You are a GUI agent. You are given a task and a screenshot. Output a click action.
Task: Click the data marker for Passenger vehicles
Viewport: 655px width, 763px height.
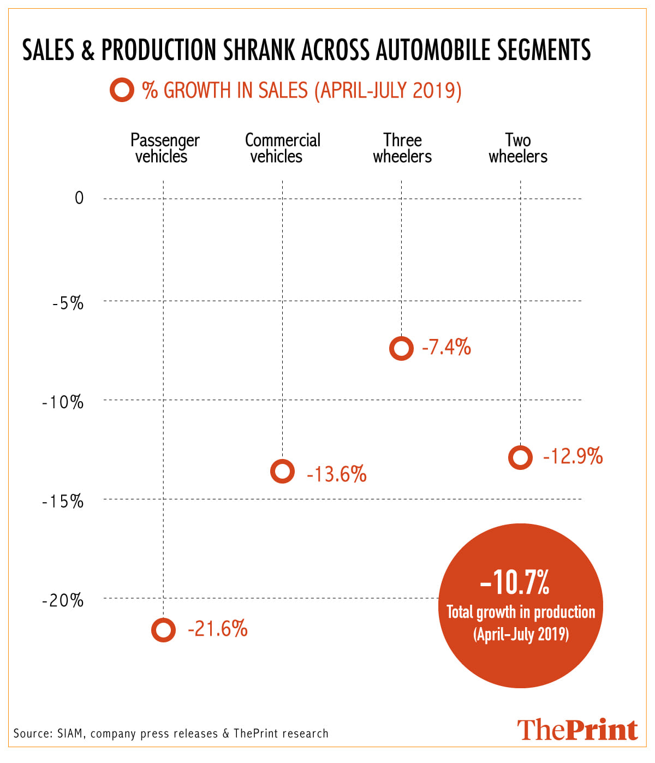(x=163, y=630)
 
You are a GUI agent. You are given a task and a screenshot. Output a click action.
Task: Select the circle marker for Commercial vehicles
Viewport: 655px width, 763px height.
(x=282, y=471)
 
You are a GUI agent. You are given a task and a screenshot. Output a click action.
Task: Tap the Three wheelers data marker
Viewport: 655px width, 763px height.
(x=401, y=348)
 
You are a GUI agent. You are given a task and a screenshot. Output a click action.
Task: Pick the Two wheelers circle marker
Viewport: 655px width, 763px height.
(x=520, y=457)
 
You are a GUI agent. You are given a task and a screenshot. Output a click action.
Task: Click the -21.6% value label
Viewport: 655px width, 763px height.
(x=218, y=629)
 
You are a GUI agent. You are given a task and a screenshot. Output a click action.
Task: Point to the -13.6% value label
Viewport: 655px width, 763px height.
(x=337, y=474)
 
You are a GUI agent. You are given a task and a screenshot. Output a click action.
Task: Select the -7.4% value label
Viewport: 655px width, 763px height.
(x=446, y=347)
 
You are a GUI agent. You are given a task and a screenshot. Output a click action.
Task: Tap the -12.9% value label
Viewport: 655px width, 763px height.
(x=573, y=456)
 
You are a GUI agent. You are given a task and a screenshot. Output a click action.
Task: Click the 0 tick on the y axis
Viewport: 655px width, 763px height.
(x=79, y=198)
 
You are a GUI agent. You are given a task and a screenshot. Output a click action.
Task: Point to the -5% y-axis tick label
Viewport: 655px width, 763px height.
(x=68, y=303)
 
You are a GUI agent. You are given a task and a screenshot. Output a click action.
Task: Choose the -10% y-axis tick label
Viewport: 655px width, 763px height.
(x=63, y=402)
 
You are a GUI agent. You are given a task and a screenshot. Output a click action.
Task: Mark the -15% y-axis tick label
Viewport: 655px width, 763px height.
(x=63, y=501)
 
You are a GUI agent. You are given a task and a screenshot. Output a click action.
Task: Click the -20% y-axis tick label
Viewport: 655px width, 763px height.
(x=63, y=600)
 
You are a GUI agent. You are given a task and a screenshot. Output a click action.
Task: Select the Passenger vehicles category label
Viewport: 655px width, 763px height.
(x=164, y=148)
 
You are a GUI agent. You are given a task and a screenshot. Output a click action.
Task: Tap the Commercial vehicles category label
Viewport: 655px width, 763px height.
(x=282, y=148)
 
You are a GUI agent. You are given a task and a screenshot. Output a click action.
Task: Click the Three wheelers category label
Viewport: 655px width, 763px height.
(x=402, y=148)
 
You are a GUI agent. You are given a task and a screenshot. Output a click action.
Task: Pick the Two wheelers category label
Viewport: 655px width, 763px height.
(x=518, y=148)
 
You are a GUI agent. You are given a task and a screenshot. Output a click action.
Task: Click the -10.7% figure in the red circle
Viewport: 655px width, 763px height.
(x=515, y=582)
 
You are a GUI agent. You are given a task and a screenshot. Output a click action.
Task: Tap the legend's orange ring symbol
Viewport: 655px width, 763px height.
(x=122, y=90)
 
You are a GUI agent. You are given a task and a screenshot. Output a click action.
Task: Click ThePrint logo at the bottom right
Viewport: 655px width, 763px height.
(x=577, y=730)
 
